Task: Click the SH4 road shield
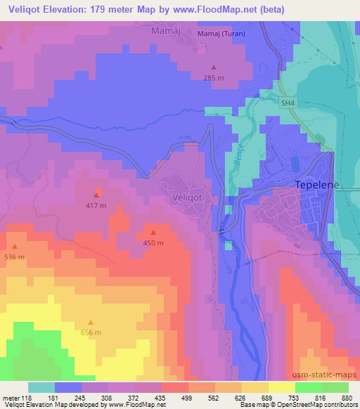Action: click(286, 103)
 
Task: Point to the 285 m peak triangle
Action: click(214, 67)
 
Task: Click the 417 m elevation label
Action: click(96, 205)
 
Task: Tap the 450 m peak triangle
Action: click(153, 233)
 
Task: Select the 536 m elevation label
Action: click(14, 257)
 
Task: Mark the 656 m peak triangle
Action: click(90, 322)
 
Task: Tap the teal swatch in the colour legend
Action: click(41, 387)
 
